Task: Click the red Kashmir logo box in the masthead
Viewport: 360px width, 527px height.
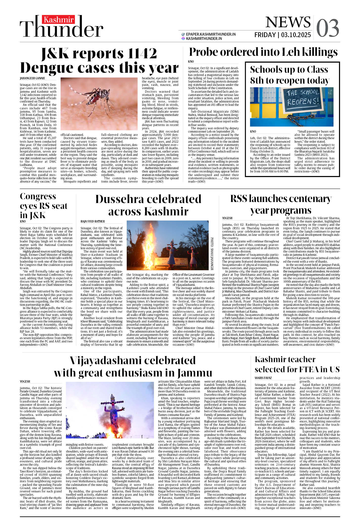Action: pos(58,20)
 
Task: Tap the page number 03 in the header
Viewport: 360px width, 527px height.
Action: pos(327,28)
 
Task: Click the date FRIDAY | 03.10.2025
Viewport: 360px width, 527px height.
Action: pos(282,35)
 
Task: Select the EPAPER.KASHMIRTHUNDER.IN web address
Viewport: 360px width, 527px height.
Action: pos(211,34)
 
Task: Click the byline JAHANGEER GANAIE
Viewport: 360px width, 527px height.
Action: pos(32,78)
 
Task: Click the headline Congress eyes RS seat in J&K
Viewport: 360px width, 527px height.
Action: pos(44,206)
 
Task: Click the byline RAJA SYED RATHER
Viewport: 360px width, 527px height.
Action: pos(93,221)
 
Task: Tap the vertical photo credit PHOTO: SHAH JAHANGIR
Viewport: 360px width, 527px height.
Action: pos(212,254)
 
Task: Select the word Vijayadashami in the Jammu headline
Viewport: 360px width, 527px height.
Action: pos(104,361)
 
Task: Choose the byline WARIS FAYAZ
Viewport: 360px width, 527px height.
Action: pos(263,378)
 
